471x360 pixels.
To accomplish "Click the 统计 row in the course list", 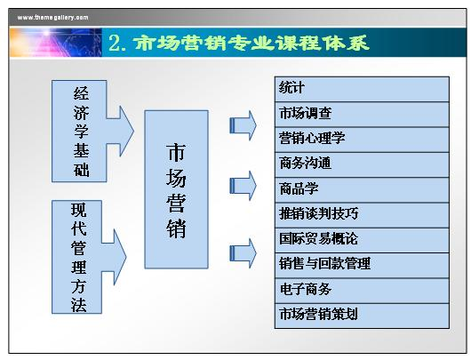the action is click(362, 89).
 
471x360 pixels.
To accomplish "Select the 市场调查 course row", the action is click(362, 115).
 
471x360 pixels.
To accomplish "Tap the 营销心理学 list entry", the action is click(362, 140).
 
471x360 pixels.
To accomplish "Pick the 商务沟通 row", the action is click(362, 165).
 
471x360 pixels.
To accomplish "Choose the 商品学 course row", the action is click(362, 190).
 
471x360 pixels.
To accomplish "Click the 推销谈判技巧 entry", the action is click(362, 215).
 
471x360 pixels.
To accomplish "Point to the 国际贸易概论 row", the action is click(362, 240).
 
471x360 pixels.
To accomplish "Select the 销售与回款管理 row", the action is click(362, 266).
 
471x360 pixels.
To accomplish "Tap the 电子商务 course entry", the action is click(362, 291).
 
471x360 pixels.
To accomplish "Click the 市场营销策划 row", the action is click(362, 316).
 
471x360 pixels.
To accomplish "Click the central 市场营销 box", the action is click(176, 189).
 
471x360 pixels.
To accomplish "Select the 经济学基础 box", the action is click(79, 131).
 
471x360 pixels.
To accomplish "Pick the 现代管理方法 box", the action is click(77, 257).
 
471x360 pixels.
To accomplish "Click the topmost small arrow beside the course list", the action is click(243, 125).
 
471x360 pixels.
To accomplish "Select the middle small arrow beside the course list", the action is click(243, 186).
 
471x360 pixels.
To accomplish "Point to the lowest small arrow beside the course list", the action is click(243, 253).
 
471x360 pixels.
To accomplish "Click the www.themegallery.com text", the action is click(52, 18).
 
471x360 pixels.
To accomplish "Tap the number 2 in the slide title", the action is click(115, 43).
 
